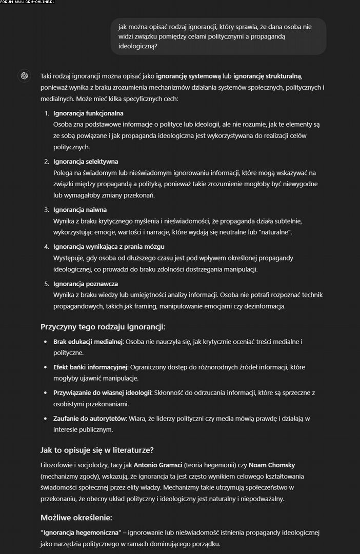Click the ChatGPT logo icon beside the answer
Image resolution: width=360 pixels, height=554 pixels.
[24, 76]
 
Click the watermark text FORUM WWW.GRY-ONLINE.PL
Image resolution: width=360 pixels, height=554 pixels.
[28, 3]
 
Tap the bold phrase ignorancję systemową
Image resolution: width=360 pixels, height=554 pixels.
[188, 76]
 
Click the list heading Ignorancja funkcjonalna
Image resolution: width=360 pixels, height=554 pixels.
[88, 113]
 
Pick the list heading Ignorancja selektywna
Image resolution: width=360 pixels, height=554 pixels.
[86, 162]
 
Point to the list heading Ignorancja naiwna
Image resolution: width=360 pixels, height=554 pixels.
[80, 210]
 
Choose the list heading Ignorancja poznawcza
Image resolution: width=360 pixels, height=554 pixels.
[86, 284]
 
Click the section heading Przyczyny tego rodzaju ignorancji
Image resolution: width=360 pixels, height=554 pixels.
[103, 327]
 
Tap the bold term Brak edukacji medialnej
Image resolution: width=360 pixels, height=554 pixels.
[88, 342]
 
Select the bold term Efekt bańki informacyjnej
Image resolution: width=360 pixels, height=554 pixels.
[90, 367]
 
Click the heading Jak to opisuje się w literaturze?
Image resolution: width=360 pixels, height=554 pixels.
[97, 450]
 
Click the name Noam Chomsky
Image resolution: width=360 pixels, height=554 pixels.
[272, 465]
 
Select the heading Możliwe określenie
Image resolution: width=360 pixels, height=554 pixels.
[76, 517]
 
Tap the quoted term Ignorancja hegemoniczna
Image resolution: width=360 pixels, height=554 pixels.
[81, 532]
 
